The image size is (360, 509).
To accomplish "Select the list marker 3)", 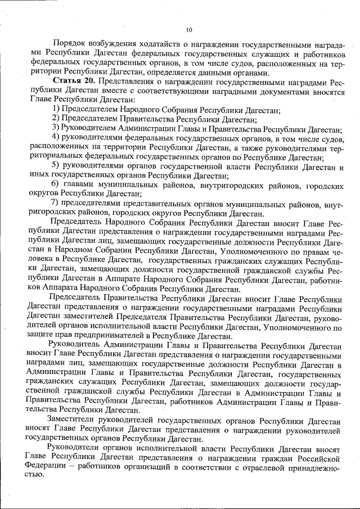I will pos(55,128).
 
